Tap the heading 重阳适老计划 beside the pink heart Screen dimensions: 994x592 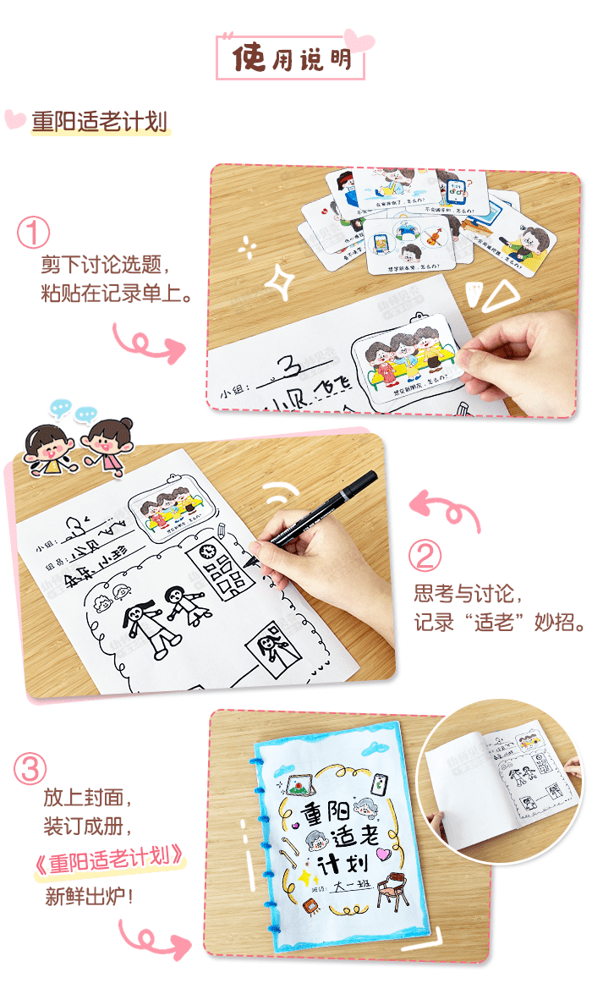tap(100, 122)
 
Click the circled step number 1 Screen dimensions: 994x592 tap(34, 233)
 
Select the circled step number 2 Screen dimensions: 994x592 tap(426, 556)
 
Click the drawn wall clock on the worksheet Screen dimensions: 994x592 tap(206, 552)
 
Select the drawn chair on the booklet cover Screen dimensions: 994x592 tap(392, 891)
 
